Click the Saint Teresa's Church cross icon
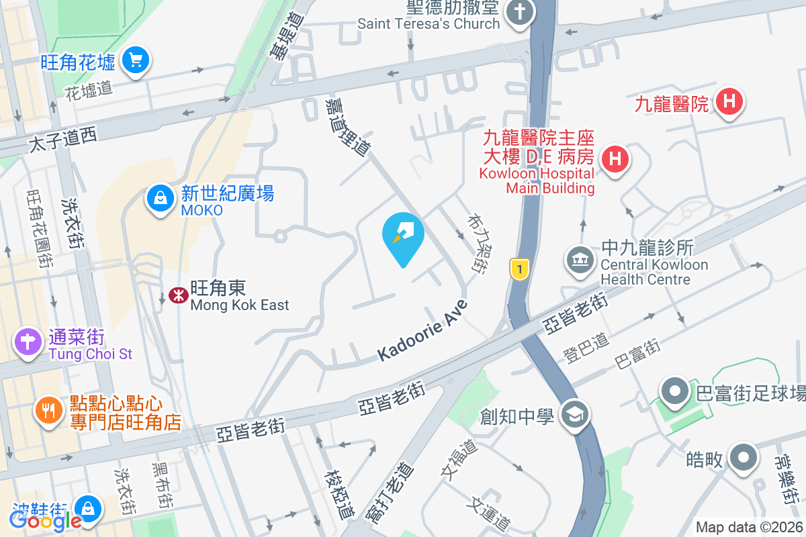coord(519,11)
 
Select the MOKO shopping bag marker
coord(160,198)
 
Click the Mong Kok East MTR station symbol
coord(178,295)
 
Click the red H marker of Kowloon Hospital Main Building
coord(615,159)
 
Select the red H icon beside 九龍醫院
coord(729,103)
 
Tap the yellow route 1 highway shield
coord(519,269)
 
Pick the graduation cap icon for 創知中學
coord(575,413)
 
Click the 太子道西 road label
coord(63,140)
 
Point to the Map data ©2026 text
coord(749,528)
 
